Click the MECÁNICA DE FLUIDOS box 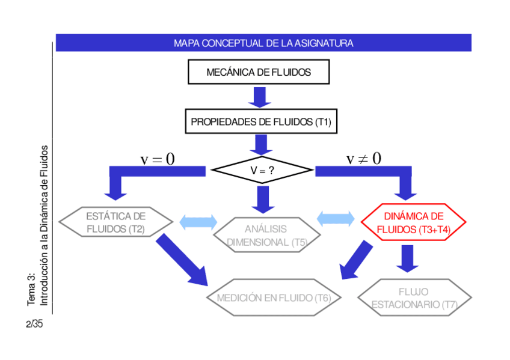259,72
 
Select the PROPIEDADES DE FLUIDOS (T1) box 260,122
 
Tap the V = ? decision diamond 262,171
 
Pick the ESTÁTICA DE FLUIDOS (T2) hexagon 115,222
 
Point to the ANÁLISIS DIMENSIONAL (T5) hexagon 266,235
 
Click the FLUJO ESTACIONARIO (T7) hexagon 414,297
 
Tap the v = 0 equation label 158,159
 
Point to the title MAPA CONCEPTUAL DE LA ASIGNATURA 263,43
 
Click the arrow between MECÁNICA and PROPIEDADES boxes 260,97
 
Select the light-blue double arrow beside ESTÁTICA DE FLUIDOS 198,222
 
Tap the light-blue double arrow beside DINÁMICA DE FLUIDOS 336,218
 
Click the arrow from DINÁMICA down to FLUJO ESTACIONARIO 407,257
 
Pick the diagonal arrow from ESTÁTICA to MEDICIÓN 180,258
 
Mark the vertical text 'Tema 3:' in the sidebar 32,288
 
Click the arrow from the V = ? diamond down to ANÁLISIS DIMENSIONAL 262,199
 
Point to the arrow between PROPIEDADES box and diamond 260,145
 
